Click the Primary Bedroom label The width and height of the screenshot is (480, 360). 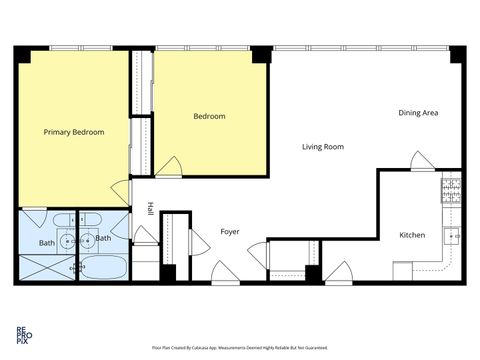pos(74,131)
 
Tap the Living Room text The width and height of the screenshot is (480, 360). pos(323,147)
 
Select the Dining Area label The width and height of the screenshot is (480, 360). pos(417,112)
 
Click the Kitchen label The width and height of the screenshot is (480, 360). pos(412,235)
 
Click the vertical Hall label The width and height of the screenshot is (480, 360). pos(150,209)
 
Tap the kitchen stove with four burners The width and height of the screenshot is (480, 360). pos(451,188)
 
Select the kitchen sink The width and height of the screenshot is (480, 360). pos(452,237)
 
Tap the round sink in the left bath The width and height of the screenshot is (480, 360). pos(67,239)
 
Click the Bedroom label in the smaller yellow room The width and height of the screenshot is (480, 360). pos(209,116)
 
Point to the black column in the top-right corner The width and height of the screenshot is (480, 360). pos(456,55)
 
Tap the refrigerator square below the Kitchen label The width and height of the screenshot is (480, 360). pos(402,271)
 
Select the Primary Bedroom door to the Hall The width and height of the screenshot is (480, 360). pos(122,191)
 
